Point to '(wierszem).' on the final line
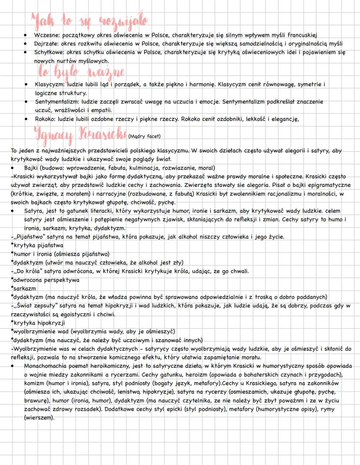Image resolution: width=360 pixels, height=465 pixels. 40,418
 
